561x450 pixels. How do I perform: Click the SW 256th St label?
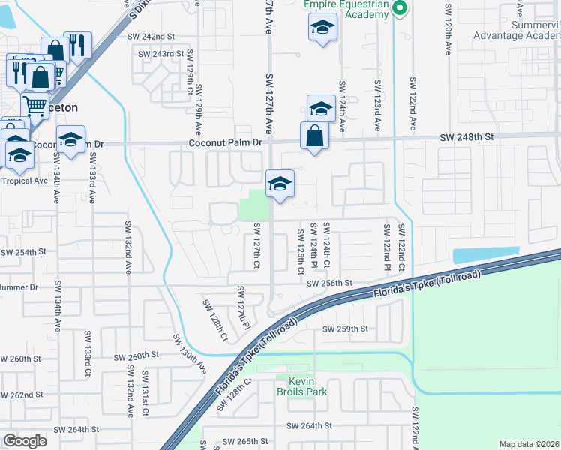330,283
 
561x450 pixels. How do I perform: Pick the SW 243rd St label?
160,54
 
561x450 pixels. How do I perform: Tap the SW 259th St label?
345,328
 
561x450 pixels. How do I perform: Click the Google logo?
25,440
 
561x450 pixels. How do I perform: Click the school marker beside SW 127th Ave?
280,184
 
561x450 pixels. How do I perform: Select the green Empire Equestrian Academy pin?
400,9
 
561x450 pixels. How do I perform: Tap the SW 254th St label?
18,253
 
